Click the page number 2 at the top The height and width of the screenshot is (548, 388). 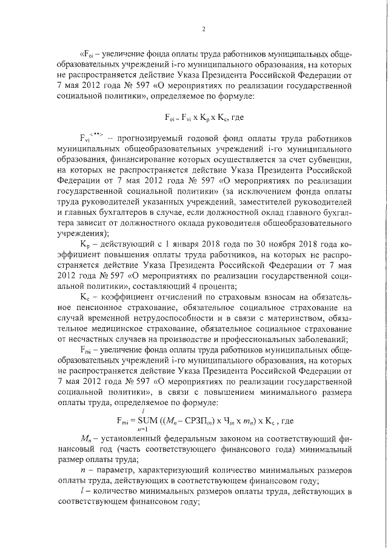tap(204, 28)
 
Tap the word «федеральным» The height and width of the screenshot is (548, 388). tap(182, 438)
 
